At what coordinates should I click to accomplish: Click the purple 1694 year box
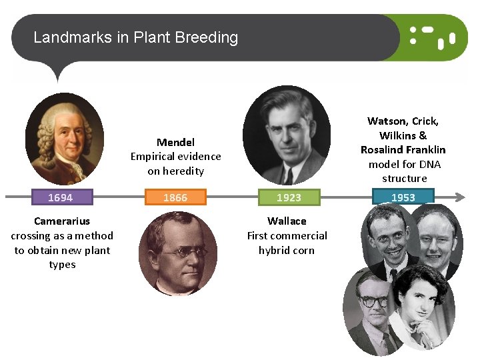click(x=60, y=197)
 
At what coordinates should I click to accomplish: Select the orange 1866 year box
click(x=175, y=197)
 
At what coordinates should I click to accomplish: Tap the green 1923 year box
click(x=289, y=197)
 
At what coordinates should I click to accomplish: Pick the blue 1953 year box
click(x=403, y=197)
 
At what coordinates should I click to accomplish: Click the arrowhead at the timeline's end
click(x=459, y=197)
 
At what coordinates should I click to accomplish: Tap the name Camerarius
click(x=62, y=221)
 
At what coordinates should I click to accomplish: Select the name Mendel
click(x=175, y=142)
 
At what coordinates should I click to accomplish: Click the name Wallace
click(x=287, y=221)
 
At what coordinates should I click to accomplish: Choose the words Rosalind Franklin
click(x=403, y=150)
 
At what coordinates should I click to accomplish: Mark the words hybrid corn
click(x=287, y=251)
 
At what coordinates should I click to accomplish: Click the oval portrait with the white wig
click(x=65, y=138)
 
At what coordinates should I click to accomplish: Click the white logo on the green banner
click(x=431, y=37)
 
